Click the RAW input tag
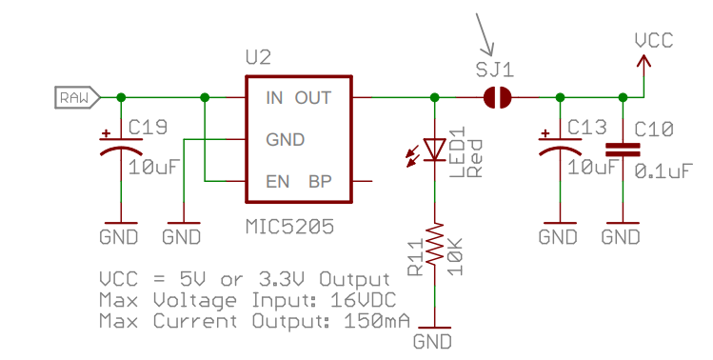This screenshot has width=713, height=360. coord(74,97)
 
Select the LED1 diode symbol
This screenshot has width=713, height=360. coord(435,150)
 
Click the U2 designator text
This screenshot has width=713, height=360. coord(258,59)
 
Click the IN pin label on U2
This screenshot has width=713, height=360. coord(274,98)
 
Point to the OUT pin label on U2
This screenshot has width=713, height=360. coord(313,98)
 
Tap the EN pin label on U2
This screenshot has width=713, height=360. coord(277,181)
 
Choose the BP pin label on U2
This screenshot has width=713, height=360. coord(319,181)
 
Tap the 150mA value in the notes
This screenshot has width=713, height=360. coord(370,321)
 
